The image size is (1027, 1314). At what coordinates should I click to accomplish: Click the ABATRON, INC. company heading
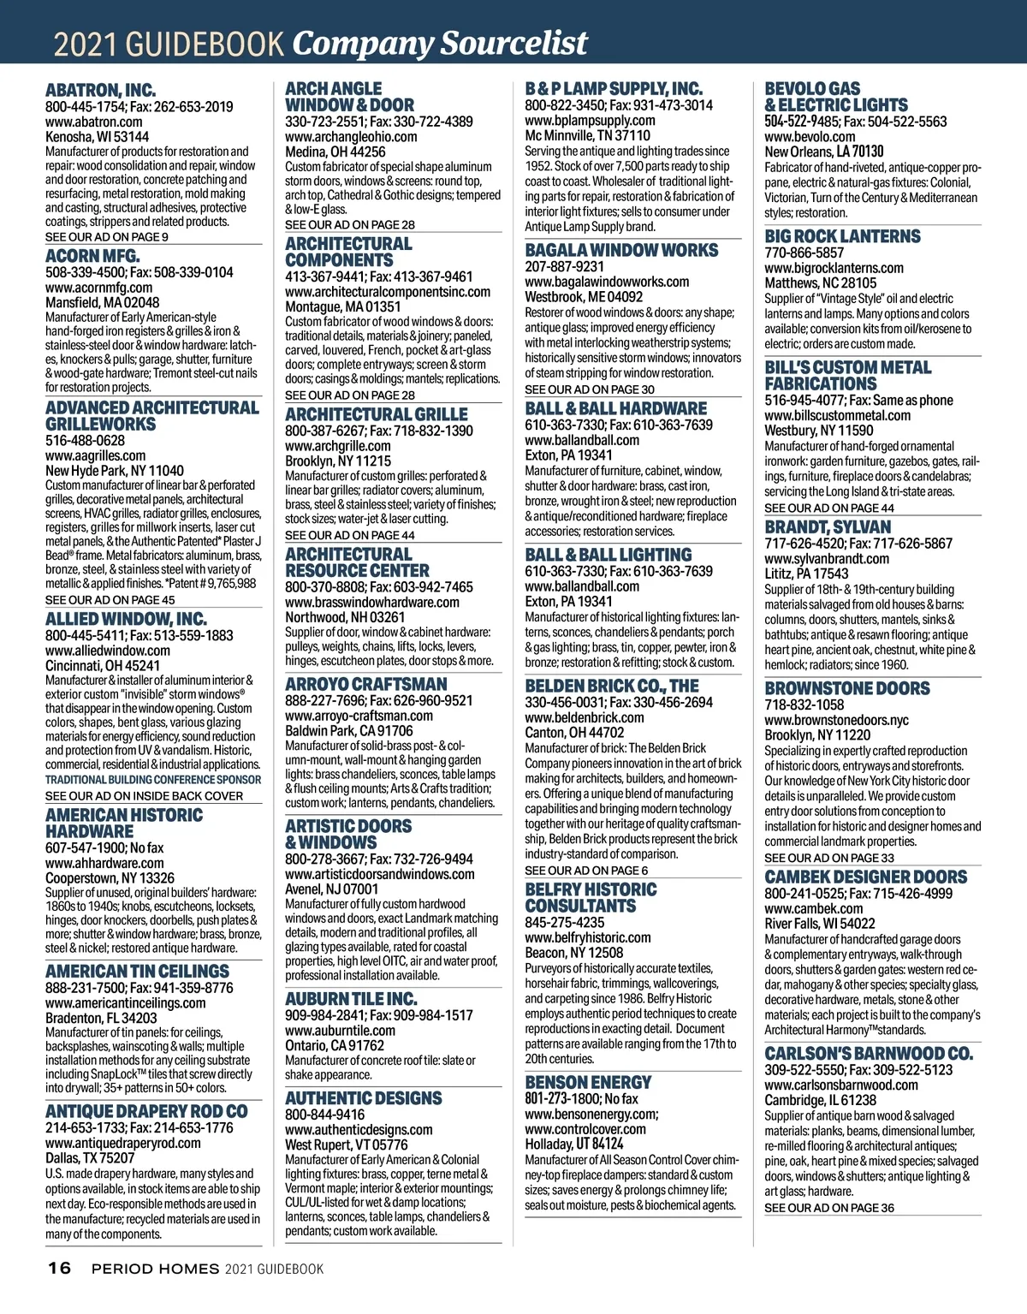pyautogui.click(x=100, y=90)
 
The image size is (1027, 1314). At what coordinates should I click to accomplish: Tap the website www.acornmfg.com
pyautogui.click(x=98, y=288)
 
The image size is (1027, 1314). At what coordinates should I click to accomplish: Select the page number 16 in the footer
pyautogui.click(x=59, y=1268)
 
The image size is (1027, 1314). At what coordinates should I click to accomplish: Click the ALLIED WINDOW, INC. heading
pyautogui.click(x=126, y=619)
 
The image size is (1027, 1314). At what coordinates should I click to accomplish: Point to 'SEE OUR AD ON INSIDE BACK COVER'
pyautogui.click(x=144, y=796)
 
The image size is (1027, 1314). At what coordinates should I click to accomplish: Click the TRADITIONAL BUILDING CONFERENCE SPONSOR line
pyautogui.click(x=153, y=780)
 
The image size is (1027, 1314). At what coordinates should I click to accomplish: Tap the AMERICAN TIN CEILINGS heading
pyautogui.click(x=137, y=972)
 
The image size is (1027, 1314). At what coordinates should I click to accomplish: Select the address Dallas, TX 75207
pyautogui.click(x=90, y=1157)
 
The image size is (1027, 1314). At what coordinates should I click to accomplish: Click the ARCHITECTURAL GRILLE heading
pyautogui.click(x=377, y=414)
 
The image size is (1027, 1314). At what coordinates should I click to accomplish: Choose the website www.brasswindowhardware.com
pyautogui.click(x=372, y=602)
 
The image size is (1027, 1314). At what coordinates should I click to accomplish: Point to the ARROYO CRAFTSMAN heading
pyautogui.click(x=365, y=685)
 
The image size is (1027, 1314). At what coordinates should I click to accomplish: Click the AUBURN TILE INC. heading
pyautogui.click(x=351, y=999)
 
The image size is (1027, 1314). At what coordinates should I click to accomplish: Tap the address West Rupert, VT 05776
pyautogui.click(x=347, y=1145)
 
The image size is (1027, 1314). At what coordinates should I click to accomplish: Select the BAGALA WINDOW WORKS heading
pyautogui.click(x=621, y=251)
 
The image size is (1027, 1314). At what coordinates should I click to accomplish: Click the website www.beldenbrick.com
pyautogui.click(x=585, y=717)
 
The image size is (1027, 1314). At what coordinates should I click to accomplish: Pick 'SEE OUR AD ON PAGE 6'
pyautogui.click(x=586, y=871)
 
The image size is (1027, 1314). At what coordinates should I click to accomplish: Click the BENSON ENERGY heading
pyautogui.click(x=588, y=1082)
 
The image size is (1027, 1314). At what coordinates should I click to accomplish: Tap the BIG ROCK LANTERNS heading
pyautogui.click(x=842, y=236)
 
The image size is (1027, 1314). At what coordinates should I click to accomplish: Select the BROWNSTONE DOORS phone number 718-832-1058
pyautogui.click(x=804, y=705)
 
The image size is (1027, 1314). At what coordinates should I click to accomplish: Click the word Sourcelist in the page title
pyautogui.click(x=514, y=43)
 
